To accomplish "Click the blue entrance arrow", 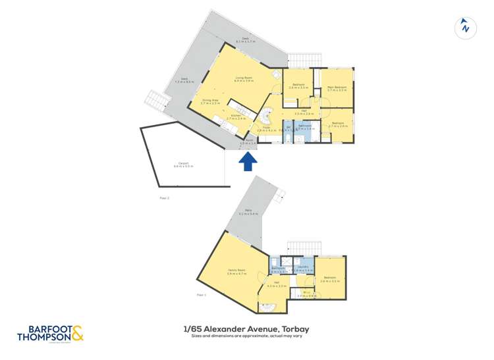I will tap(248, 162).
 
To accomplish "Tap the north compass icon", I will tap(466, 28).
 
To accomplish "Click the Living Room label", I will tap(244, 78).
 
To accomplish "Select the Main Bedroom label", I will tap(337, 88).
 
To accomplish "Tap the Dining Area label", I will tap(211, 101).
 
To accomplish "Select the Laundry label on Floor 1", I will tap(302, 267).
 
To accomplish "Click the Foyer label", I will tap(267, 130).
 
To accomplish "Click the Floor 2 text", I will tap(165, 197).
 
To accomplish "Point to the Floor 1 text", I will tap(201, 295).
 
